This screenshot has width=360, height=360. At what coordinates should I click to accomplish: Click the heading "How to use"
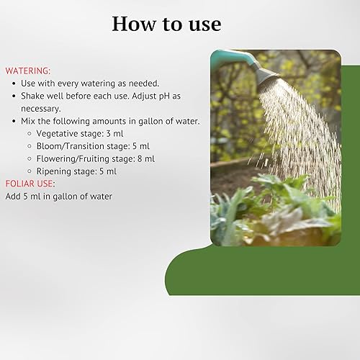click(x=166, y=24)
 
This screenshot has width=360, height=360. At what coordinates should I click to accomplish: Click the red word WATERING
click(x=27, y=71)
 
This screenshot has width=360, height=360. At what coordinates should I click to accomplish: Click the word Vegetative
click(x=59, y=133)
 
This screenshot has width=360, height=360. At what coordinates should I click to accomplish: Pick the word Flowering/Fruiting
click(x=73, y=158)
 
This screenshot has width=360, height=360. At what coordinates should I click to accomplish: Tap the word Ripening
click(x=55, y=171)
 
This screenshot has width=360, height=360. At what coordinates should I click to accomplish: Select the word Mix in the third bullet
click(x=29, y=121)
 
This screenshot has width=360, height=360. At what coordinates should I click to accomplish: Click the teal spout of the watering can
click(x=230, y=55)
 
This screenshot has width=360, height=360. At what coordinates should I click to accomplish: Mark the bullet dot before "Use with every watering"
click(x=14, y=84)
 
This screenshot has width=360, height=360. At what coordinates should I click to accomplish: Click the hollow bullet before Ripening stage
click(x=28, y=171)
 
